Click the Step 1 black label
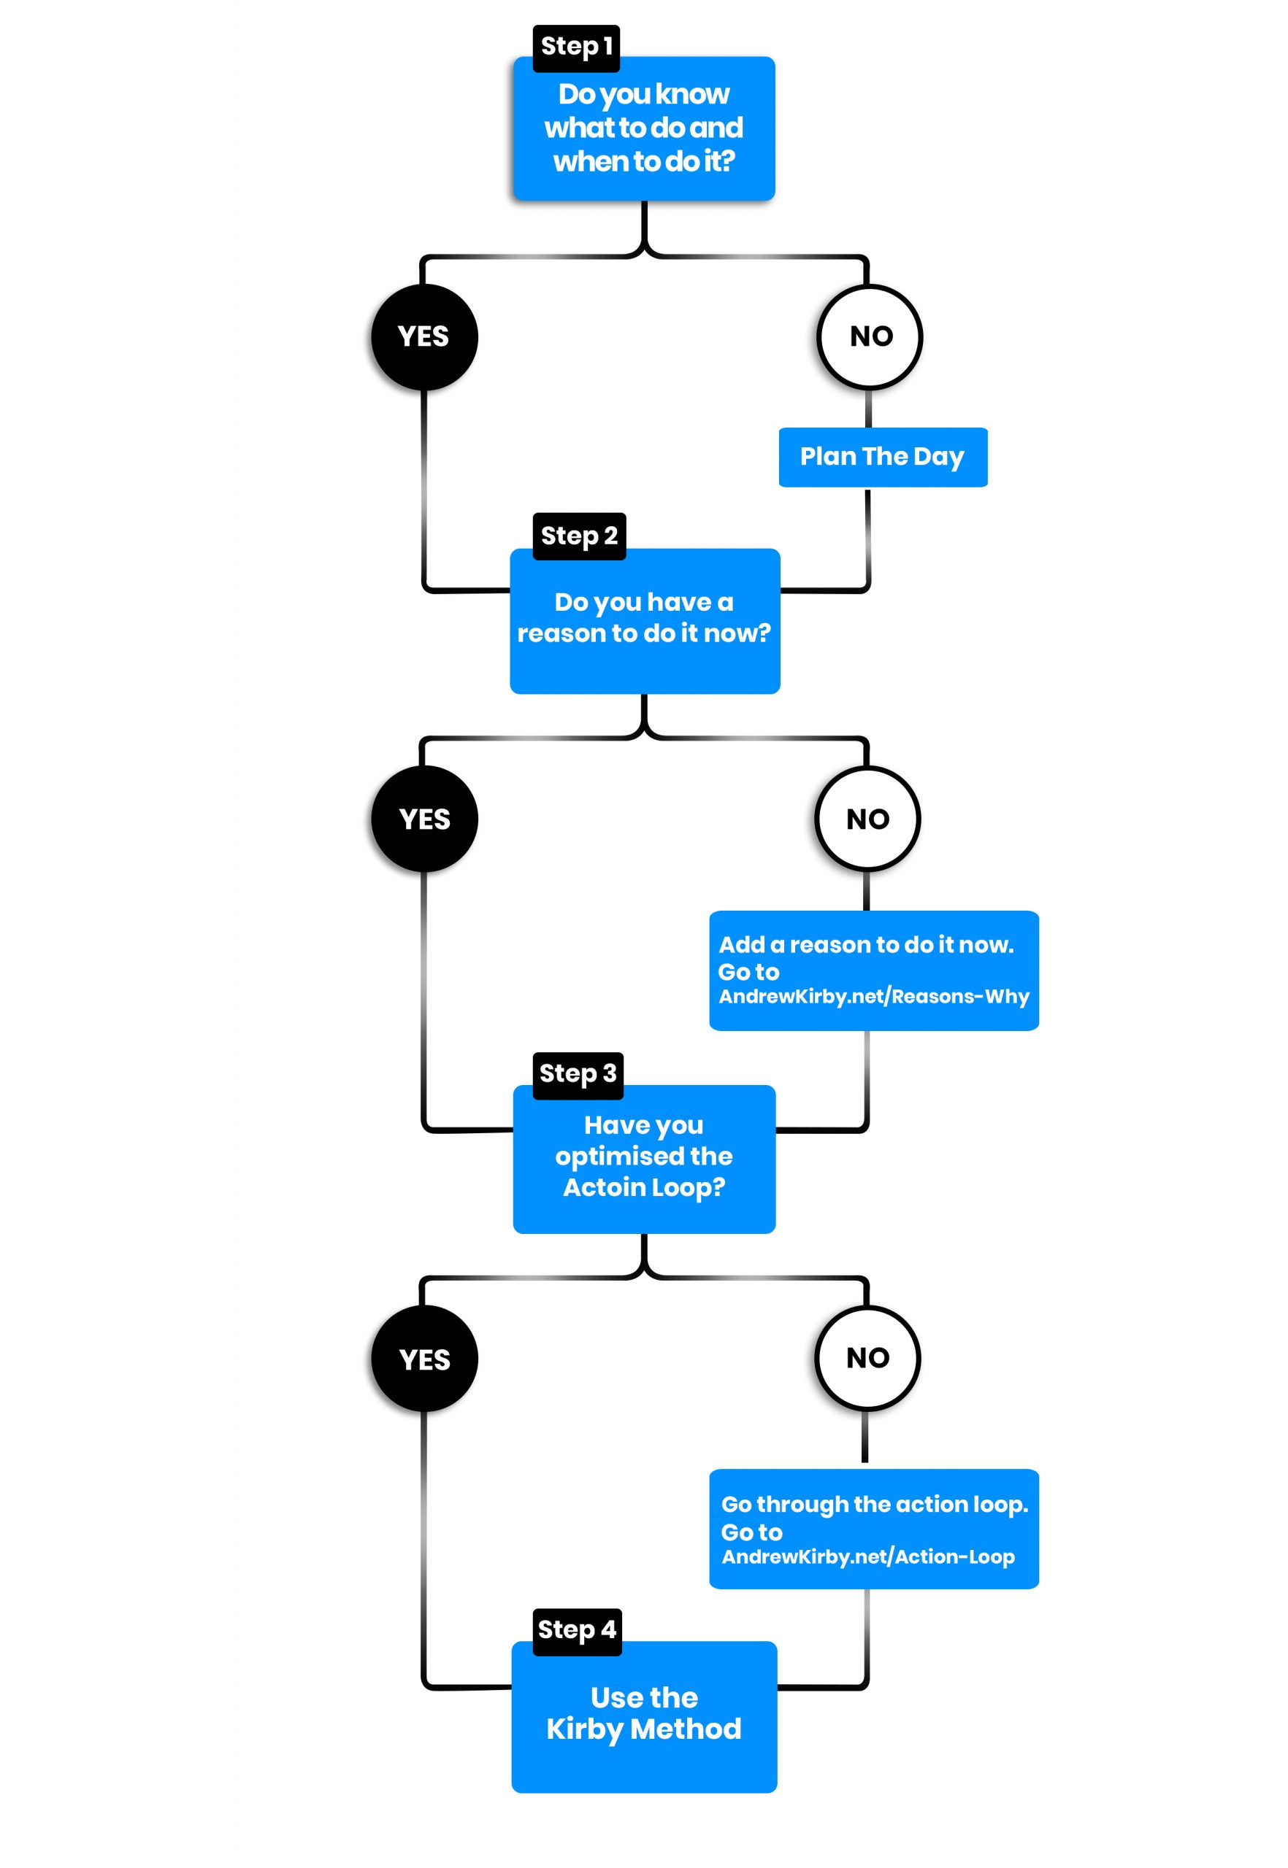pos(575,47)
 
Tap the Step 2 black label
pos(578,536)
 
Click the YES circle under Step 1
pos(423,337)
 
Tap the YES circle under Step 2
pos(423,819)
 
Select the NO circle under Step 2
pos(867,819)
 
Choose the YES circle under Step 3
pos(423,1359)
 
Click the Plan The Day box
pos(882,458)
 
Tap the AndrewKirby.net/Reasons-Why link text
pos(873,997)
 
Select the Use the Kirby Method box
pos(644,1714)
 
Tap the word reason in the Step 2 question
pos(561,634)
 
